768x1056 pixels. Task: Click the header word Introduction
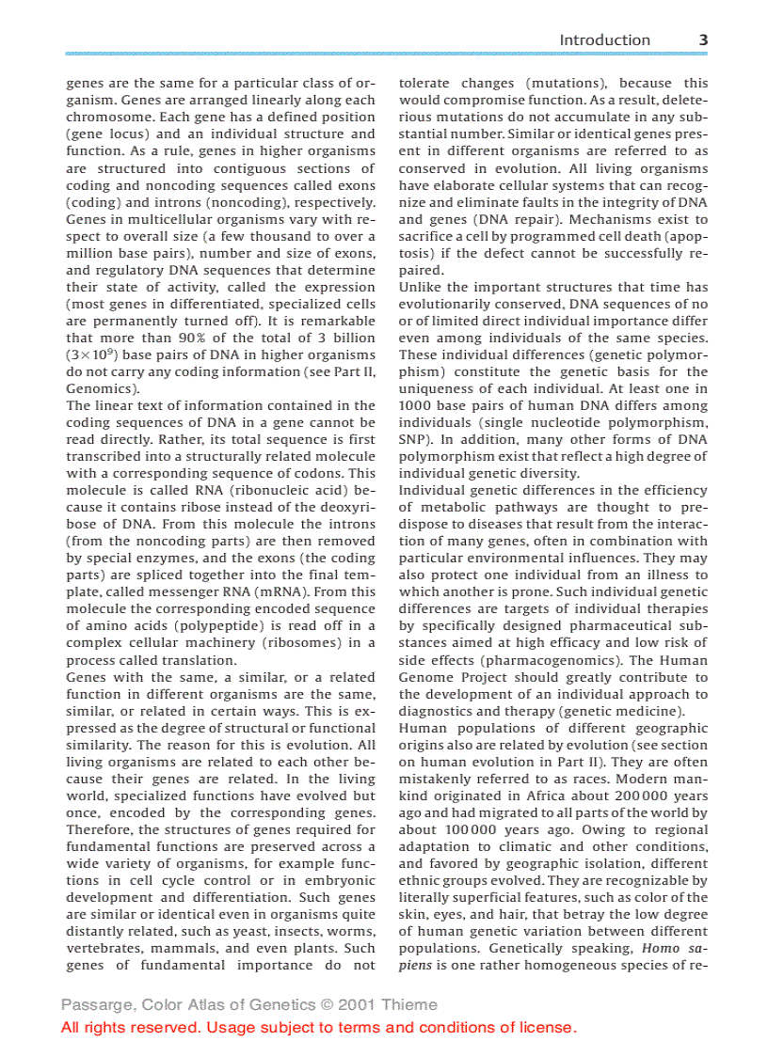click(604, 39)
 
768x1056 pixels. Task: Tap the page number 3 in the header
click(703, 39)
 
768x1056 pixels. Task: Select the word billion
click(350, 338)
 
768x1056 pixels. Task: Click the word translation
click(178, 659)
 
